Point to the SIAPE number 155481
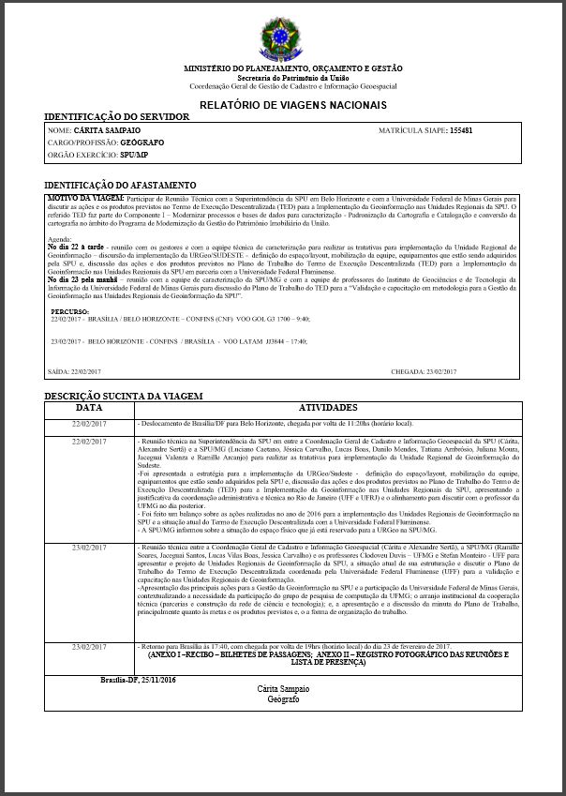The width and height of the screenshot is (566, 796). pyautogui.click(x=461, y=129)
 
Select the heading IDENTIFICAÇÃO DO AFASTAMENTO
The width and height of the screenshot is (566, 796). pyautogui.click(x=121, y=186)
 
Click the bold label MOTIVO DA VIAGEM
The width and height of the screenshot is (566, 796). pyautogui.click(x=85, y=199)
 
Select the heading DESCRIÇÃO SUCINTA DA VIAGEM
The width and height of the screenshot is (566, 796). pyautogui.click(x=125, y=397)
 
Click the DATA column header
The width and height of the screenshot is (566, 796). pyautogui.click(x=90, y=408)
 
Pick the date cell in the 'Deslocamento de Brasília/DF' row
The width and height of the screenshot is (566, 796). pyautogui.click(x=90, y=424)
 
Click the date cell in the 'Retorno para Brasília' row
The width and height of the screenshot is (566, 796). pyautogui.click(x=90, y=647)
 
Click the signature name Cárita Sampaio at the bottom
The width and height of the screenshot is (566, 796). pyautogui.click(x=281, y=689)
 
